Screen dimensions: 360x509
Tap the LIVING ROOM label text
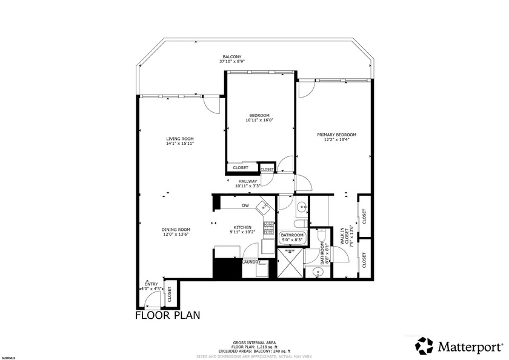[180, 139]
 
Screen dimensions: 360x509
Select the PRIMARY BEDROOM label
[336, 135]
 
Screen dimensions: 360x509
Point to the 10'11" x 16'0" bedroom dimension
[259, 120]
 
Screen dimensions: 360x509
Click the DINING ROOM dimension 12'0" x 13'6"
[176, 235]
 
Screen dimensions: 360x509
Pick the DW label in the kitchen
[245, 205]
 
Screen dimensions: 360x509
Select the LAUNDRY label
[251, 262]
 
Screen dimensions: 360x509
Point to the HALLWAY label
[247, 181]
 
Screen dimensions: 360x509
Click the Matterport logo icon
[424, 345]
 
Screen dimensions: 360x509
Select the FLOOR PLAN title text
[167, 315]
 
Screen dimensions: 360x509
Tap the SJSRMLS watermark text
[10, 357]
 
